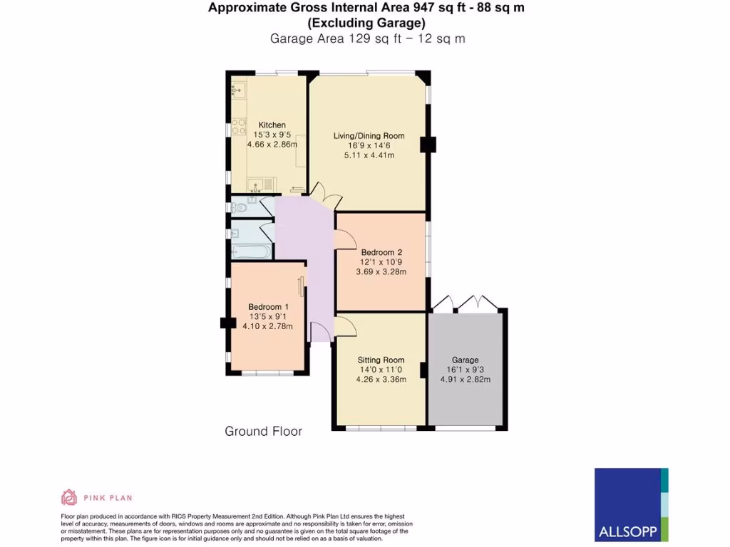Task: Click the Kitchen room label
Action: tap(272, 125)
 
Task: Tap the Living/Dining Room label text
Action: tap(369, 136)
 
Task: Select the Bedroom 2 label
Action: tap(381, 252)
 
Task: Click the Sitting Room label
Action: tap(381, 360)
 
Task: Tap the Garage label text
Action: tap(465, 360)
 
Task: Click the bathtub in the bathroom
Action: tap(252, 251)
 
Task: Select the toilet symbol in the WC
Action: tap(240, 208)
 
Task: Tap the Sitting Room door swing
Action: tap(345, 327)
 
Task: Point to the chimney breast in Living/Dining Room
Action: tap(428, 145)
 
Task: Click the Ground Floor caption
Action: tap(263, 432)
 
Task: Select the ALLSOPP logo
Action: tap(631, 504)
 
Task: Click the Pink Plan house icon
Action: tap(69, 497)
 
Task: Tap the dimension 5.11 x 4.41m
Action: tap(369, 155)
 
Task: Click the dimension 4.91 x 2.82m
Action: tap(465, 380)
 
